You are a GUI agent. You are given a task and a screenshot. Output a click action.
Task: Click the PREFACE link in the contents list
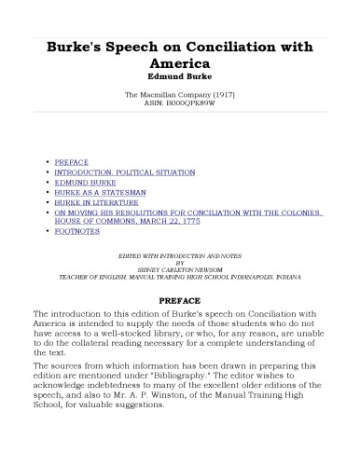[x=72, y=161]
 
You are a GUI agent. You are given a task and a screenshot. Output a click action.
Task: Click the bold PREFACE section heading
[x=180, y=301]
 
